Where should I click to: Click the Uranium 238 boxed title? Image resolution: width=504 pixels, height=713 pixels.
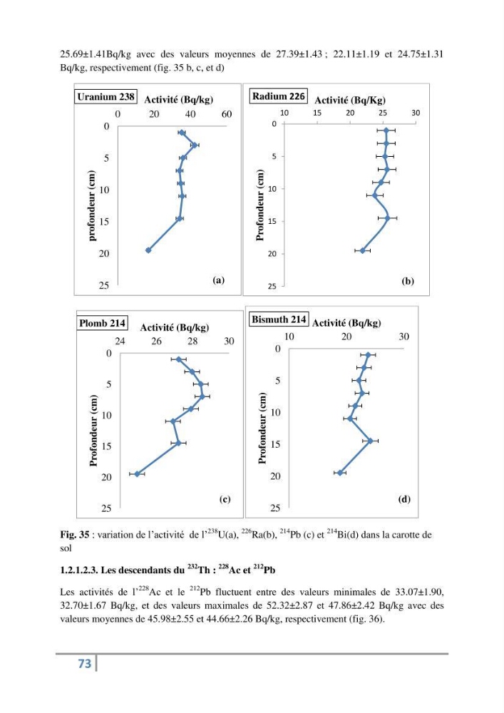106,97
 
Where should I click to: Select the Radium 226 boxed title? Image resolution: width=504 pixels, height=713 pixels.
279,96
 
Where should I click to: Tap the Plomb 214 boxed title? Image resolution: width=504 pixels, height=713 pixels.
102,323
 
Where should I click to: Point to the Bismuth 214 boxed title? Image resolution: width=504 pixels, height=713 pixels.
279,319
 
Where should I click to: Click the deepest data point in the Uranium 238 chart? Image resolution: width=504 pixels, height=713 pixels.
148,250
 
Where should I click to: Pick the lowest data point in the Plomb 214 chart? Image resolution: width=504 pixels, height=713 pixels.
138,474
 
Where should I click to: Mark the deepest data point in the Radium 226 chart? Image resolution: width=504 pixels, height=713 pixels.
363,250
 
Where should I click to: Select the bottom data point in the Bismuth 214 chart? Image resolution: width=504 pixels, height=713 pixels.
340,473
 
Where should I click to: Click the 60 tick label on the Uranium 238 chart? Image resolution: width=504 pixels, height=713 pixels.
227,114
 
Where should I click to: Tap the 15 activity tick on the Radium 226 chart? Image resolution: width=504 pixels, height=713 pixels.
317,113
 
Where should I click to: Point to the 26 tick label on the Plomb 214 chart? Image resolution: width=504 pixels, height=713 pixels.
156,341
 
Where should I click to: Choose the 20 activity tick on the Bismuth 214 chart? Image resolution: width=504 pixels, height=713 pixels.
346,337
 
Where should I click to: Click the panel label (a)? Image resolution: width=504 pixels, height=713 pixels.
219,280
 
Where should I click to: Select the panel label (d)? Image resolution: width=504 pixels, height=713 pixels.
404,499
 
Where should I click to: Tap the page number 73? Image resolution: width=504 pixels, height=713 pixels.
85,664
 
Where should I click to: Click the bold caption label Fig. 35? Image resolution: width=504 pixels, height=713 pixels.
75,535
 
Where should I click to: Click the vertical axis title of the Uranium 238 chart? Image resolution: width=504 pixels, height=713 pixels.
92,205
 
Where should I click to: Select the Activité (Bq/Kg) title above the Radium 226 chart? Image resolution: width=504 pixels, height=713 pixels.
350,100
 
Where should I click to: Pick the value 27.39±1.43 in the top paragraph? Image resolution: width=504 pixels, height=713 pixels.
299,55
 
